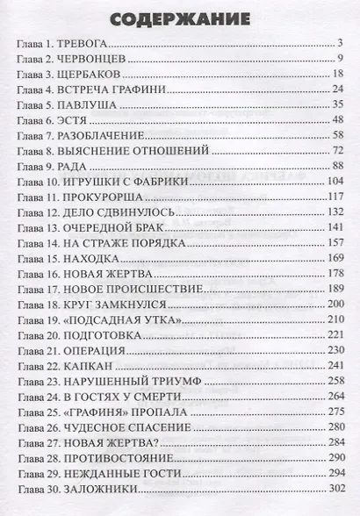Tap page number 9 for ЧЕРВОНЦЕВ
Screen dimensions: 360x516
(x=337, y=59)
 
